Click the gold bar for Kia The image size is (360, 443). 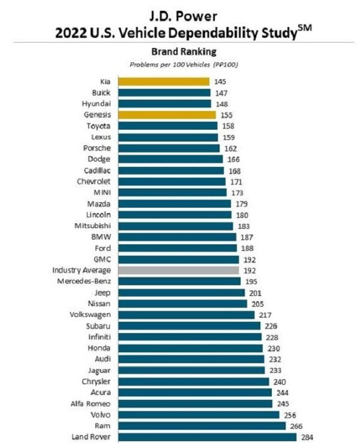tap(163, 82)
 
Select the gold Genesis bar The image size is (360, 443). tap(166, 115)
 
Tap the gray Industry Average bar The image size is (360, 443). tap(178, 270)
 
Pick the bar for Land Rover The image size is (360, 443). tap(206, 436)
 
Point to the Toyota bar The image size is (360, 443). tap(167, 126)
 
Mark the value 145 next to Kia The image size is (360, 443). tap(220, 82)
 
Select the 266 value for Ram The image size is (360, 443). tap(296, 426)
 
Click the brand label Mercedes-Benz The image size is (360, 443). tap(84, 282)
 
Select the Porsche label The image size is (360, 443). tap(97, 148)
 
